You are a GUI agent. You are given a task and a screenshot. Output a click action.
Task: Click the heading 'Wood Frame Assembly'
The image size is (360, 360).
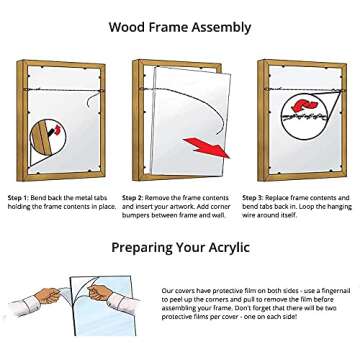[x=179, y=27]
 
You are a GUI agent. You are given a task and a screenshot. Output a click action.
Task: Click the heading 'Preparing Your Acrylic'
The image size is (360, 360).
[x=180, y=247]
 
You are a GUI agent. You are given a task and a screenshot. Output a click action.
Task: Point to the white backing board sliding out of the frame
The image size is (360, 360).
[x=195, y=110]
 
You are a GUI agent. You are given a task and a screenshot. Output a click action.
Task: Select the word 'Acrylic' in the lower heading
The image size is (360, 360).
[x=222, y=247]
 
